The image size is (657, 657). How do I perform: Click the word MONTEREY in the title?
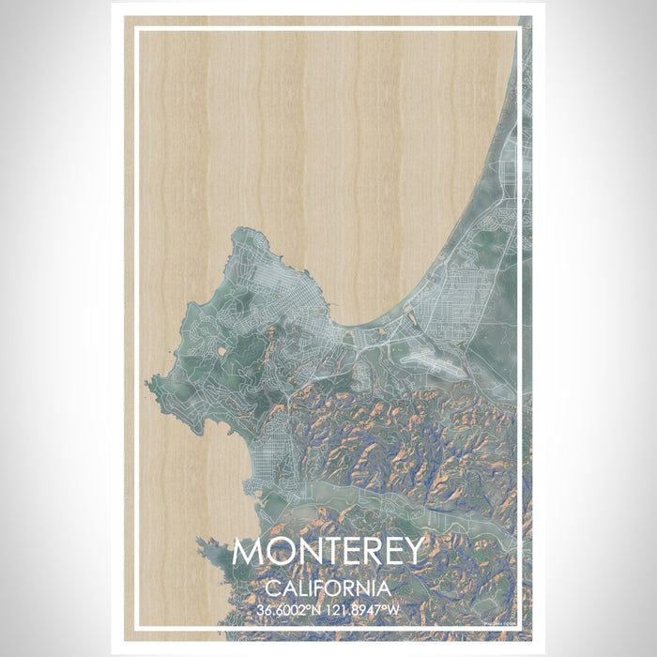pyautogui.click(x=328, y=552)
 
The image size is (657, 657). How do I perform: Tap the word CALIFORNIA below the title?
pyautogui.click(x=328, y=588)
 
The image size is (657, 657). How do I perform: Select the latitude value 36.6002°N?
pyautogui.click(x=292, y=610)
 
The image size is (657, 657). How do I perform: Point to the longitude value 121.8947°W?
pyautogui.click(x=365, y=610)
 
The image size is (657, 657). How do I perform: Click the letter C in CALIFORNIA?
pyautogui.click(x=272, y=588)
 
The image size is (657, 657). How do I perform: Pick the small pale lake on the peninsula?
pyautogui.click(x=221, y=351)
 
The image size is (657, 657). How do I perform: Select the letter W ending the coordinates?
pyautogui.click(x=396, y=610)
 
